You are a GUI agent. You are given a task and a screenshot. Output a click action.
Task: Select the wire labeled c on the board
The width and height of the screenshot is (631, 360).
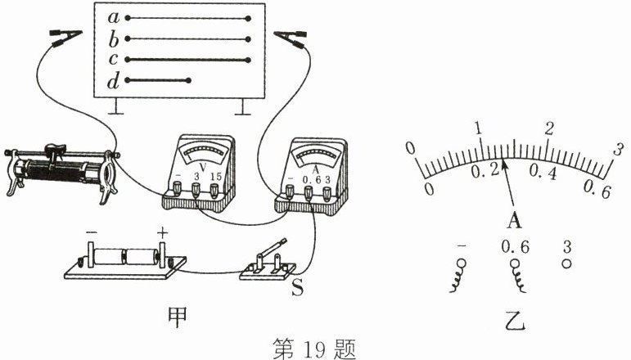pos(188,59)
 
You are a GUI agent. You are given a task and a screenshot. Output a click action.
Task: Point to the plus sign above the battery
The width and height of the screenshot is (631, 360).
pos(162,233)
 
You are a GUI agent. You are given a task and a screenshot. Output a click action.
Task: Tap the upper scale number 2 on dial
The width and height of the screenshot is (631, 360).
pos(550,128)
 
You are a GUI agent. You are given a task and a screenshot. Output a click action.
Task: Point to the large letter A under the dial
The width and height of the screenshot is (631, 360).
pos(514,220)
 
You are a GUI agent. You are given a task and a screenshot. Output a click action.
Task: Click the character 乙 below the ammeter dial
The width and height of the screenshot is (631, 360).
pos(516,319)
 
